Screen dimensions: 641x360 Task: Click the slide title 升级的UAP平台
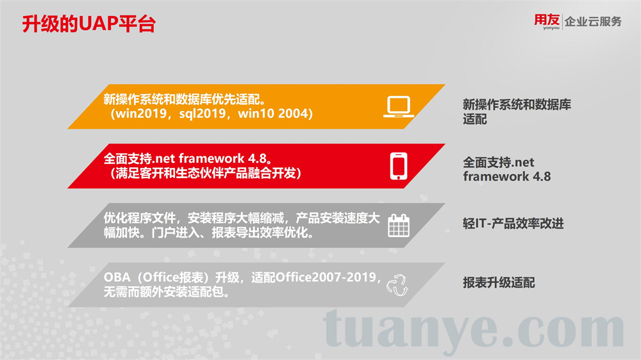point(88,24)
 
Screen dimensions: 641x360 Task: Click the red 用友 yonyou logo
point(547,21)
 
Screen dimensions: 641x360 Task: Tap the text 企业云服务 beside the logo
point(593,21)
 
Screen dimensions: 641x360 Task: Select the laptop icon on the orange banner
point(399,106)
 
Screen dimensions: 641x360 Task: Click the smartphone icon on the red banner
point(399,166)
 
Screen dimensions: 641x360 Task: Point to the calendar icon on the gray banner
point(399,225)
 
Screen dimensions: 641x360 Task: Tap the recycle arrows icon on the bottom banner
point(397,285)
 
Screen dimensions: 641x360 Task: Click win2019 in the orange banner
point(142,113)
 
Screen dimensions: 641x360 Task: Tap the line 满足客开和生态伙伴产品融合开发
point(206,173)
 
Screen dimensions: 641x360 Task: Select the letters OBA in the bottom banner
point(117,277)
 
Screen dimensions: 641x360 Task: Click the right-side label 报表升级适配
point(499,282)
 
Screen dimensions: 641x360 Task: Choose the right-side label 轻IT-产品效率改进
point(513,223)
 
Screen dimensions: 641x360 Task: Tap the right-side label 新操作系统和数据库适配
point(517,111)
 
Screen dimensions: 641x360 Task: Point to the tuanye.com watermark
point(474,330)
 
